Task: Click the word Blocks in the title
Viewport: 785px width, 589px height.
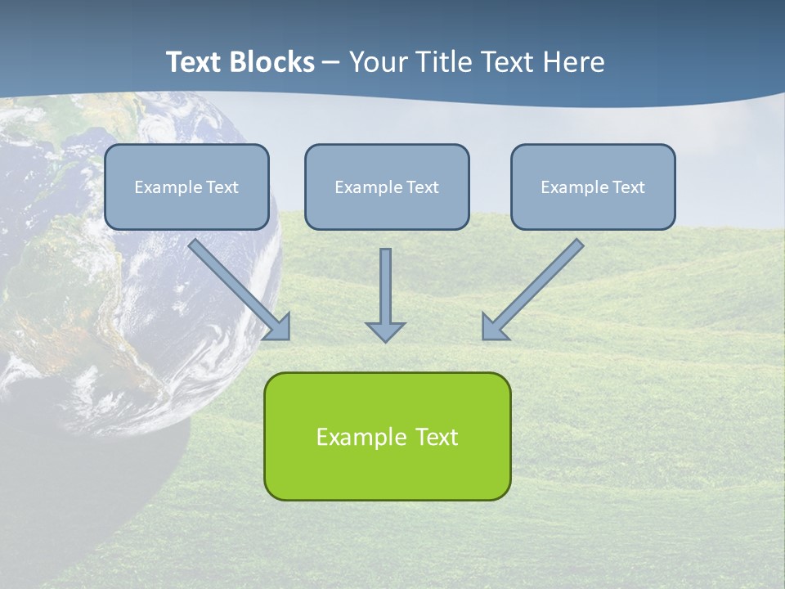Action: click(x=275, y=62)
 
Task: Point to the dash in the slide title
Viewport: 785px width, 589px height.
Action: click(x=331, y=63)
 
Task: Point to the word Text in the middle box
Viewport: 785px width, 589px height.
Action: click(x=422, y=187)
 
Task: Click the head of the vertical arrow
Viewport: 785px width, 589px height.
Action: click(x=385, y=330)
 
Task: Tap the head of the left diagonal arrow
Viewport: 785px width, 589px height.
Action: click(x=280, y=327)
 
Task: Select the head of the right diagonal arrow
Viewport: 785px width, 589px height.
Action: click(x=493, y=327)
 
